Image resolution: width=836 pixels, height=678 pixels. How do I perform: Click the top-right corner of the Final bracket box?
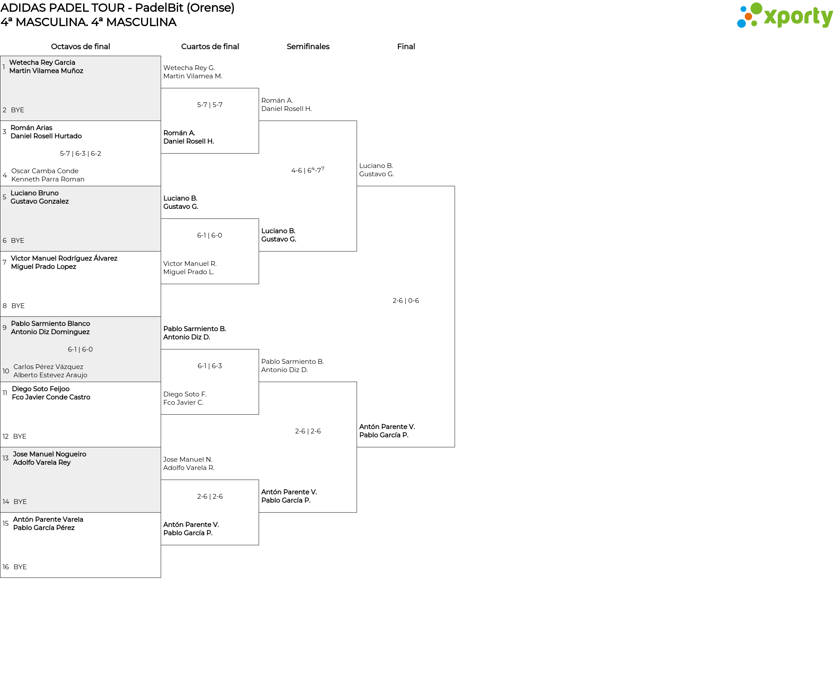click(x=455, y=186)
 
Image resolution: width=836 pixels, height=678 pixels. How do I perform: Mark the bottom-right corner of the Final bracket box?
click(x=455, y=447)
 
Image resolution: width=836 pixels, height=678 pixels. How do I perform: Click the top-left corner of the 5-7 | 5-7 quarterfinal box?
click(x=161, y=88)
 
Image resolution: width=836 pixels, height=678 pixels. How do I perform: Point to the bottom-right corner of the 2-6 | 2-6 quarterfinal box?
click(x=259, y=545)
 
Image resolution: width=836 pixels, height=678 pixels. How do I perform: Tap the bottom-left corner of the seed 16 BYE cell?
click(x=0, y=577)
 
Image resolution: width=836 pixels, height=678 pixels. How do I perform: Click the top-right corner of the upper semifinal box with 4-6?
click(x=357, y=121)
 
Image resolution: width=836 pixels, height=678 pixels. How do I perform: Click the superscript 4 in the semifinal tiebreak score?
click(x=313, y=168)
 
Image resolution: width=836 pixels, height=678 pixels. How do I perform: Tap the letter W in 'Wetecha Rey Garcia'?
click(x=13, y=63)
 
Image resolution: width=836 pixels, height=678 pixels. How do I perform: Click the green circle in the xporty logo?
click(x=756, y=9)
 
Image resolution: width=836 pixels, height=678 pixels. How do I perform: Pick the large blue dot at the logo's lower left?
click(x=741, y=23)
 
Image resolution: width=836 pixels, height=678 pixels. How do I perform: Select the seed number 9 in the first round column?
click(x=4, y=328)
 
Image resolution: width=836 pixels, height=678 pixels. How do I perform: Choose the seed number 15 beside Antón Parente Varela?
click(x=6, y=524)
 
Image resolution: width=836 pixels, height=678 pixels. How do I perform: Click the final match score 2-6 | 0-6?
click(x=406, y=301)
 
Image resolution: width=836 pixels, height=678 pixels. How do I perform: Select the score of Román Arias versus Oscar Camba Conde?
click(x=81, y=154)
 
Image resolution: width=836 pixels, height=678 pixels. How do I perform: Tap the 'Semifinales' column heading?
click(x=308, y=47)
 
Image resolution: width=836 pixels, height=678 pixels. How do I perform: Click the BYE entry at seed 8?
click(x=18, y=306)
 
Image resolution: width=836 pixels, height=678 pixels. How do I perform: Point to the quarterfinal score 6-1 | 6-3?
click(x=210, y=366)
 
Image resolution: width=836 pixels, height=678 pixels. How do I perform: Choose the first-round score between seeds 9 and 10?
click(x=81, y=349)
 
